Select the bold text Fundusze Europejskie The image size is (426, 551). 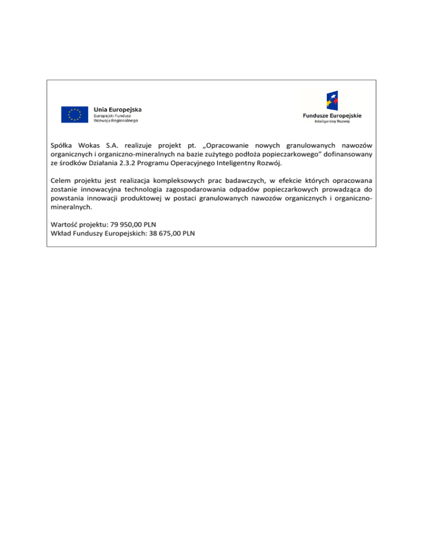(332, 115)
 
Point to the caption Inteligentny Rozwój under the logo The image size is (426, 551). (332, 121)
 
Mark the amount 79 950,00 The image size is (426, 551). (126, 225)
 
